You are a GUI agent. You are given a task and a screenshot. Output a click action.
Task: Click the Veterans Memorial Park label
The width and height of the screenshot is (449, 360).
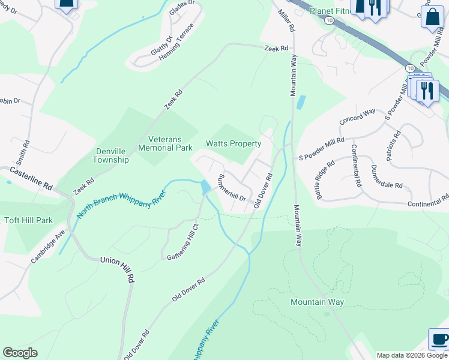165,143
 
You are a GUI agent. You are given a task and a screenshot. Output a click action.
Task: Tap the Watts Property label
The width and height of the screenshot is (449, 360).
234,144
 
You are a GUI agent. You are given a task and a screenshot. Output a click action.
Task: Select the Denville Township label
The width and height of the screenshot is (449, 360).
111,156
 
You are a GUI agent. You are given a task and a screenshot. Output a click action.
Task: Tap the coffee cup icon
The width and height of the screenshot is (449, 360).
439,339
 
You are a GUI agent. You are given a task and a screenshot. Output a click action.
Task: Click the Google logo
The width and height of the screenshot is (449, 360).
20,353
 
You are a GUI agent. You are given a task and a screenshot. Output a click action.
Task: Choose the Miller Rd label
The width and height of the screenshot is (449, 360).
287,20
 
